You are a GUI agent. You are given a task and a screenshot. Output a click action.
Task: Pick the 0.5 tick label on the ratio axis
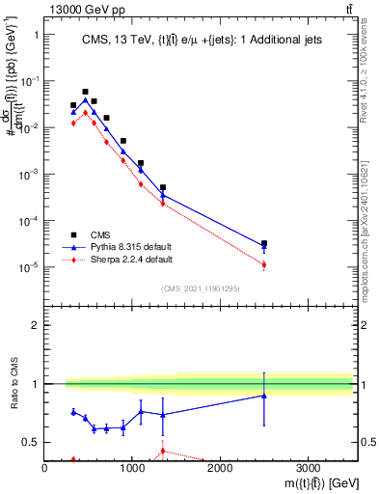point(29,443)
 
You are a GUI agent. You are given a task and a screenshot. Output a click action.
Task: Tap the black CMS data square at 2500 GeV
point(264,244)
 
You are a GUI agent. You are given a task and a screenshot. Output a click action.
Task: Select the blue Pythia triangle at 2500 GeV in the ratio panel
point(264,396)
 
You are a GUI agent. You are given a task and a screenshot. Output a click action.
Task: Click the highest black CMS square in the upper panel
point(85,92)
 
